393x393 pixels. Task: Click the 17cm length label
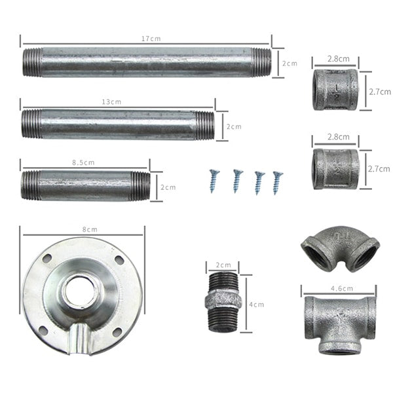click(151, 39)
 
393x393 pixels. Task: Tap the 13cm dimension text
click(111, 102)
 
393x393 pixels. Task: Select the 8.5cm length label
click(83, 162)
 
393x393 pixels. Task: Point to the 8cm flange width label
click(90, 229)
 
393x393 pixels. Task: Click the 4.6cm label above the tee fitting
click(342, 288)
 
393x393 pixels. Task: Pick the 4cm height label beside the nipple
click(256, 305)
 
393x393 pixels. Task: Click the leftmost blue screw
click(214, 181)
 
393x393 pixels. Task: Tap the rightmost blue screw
click(277, 183)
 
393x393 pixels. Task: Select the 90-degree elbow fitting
click(340, 250)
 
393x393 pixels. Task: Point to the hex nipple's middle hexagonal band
click(223, 299)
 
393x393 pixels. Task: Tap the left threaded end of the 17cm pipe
click(32, 62)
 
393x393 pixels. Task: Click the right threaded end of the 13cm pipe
click(205, 126)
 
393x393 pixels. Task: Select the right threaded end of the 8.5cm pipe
click(141, 187)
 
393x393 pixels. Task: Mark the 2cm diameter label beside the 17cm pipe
click(290, 64)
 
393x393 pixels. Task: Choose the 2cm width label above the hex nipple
click(223, 265)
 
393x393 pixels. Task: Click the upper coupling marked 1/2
click(335, 90)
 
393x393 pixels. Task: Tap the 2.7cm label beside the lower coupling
click(379, 169)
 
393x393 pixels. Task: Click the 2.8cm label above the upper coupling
click(339, 59)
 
